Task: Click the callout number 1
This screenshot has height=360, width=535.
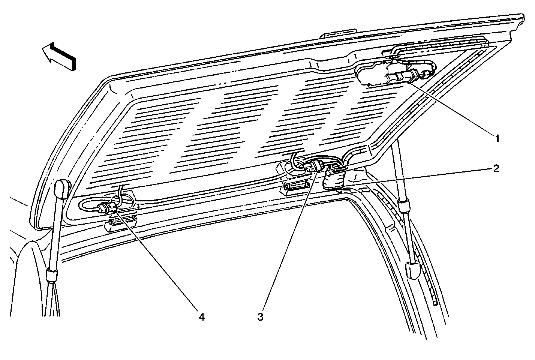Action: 497,138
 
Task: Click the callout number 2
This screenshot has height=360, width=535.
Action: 496,169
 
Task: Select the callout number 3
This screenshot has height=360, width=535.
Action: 260,317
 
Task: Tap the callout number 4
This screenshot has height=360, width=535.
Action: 202,317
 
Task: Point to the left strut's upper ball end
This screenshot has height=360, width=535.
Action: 63,189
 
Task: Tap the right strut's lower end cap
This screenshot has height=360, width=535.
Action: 413,270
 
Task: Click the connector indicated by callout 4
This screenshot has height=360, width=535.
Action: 108,207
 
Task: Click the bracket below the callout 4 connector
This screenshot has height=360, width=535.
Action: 120,223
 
